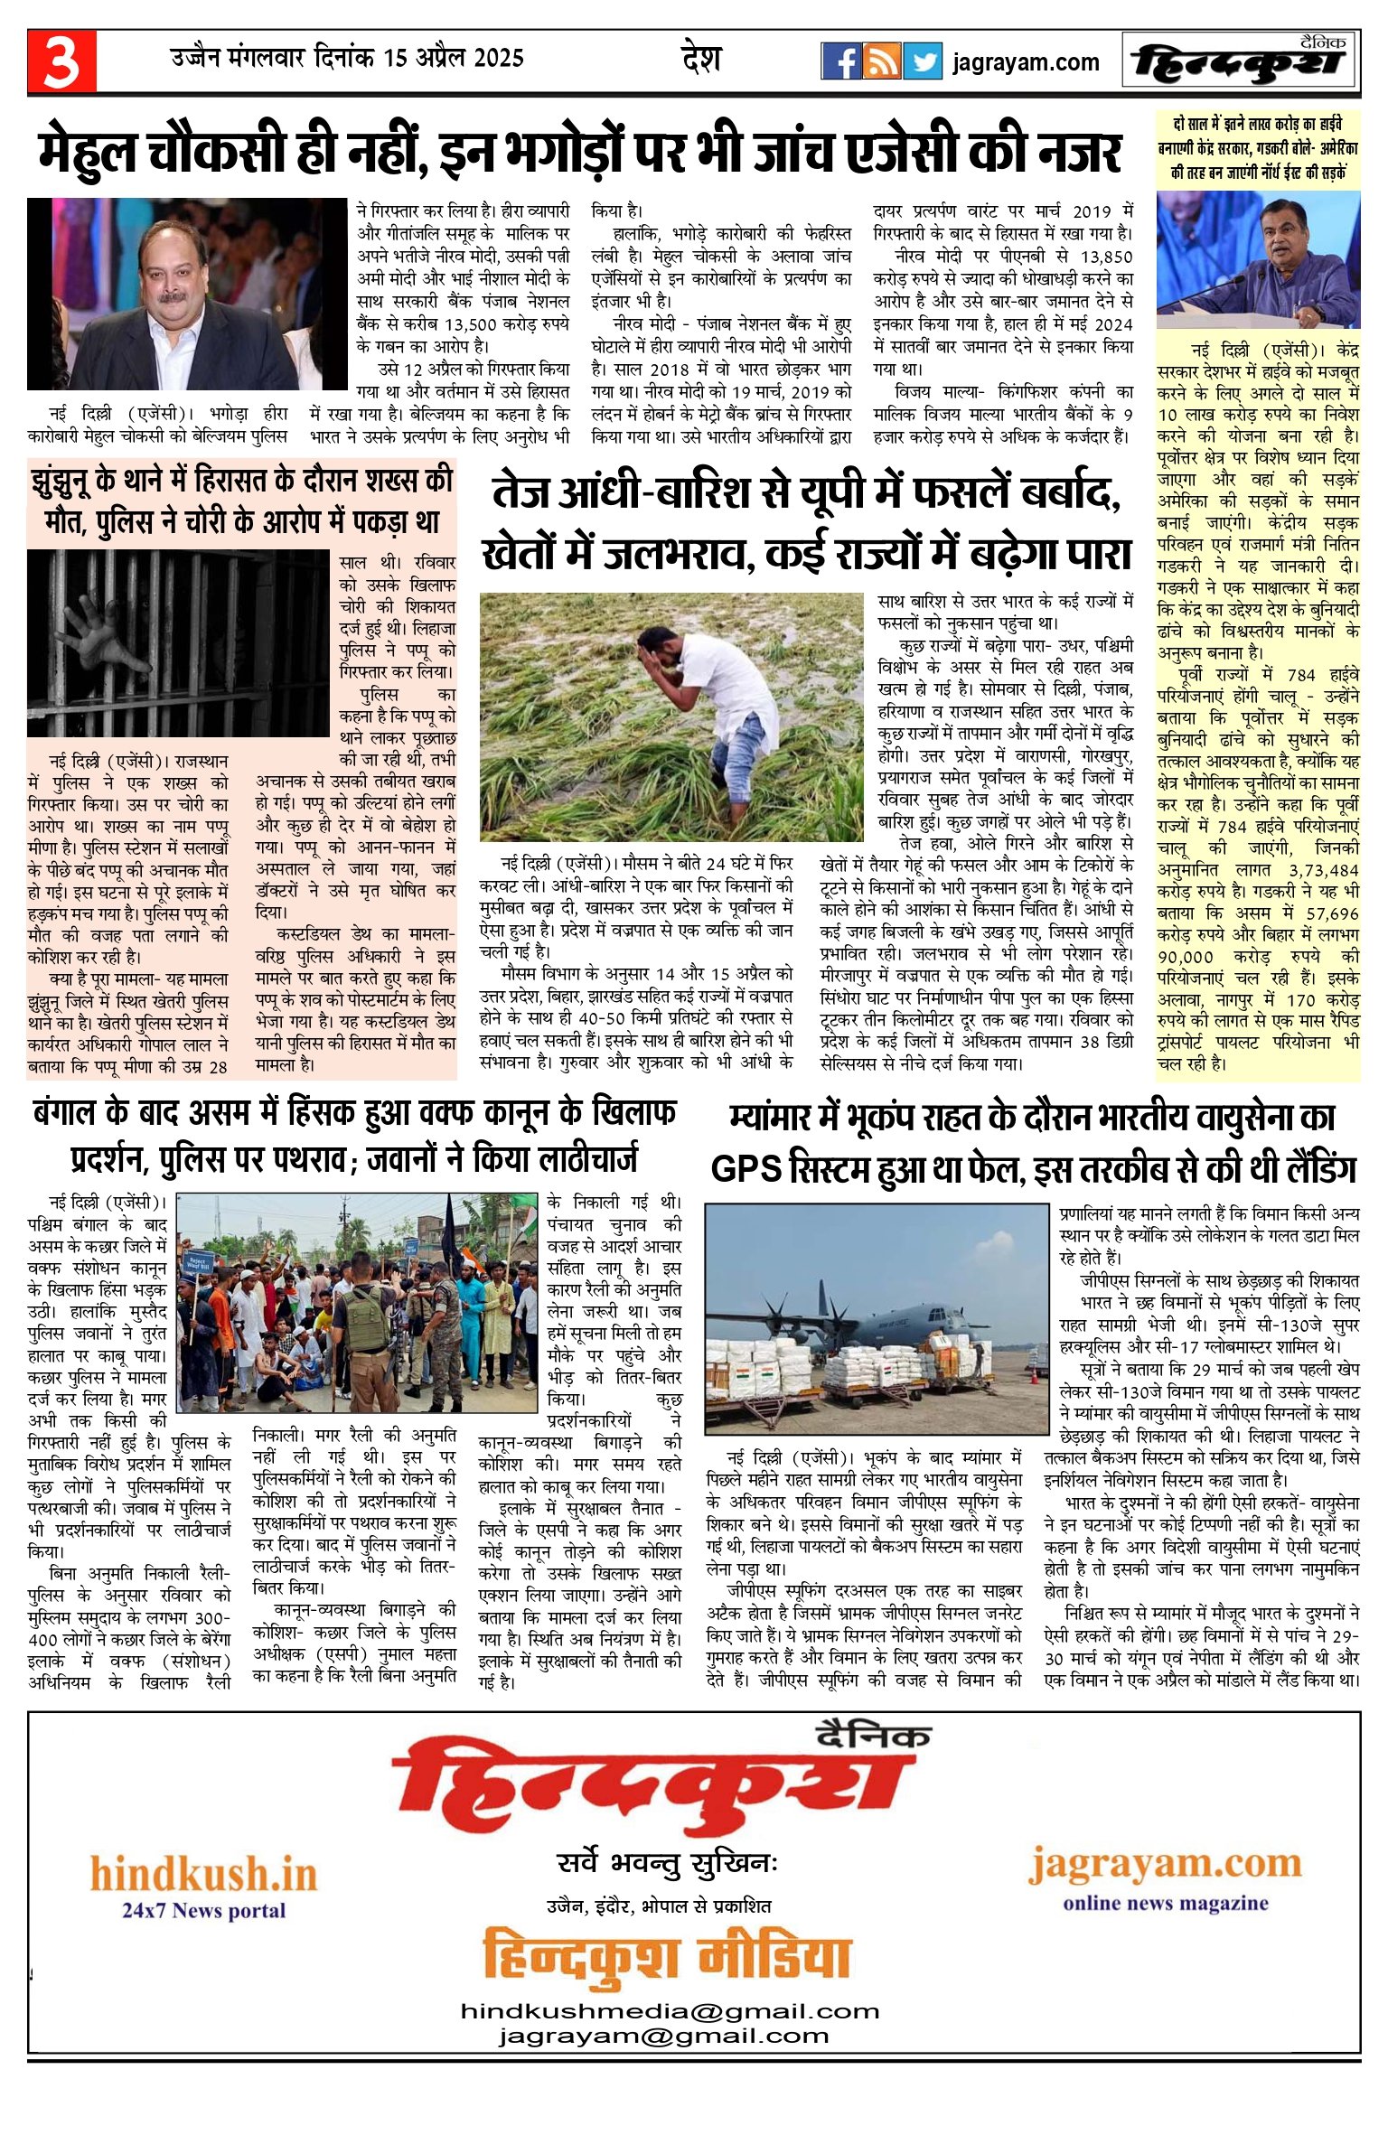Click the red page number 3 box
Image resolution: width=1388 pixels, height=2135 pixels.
click(61, 61)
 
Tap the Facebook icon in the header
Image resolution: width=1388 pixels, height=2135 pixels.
click(840, 61)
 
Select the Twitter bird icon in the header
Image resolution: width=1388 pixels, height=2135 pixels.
click(922, 61)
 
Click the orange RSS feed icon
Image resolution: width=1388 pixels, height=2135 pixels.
click(881, 61)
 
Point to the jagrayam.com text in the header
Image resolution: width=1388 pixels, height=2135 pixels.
click(1026, 62)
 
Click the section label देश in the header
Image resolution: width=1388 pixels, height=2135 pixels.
click(700, 59)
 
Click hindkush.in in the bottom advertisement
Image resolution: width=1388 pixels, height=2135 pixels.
click(203, 1875)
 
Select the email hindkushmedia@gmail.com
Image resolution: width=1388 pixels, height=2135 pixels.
click(670, 2011)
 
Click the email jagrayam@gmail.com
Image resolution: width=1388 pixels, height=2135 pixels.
click(663, 2037)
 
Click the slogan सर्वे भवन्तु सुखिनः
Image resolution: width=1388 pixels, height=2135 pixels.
click(667, 1864)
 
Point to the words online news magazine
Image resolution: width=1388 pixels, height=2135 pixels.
click(1165, 1903)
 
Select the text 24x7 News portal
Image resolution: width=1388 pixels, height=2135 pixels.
click(203, 1910)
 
